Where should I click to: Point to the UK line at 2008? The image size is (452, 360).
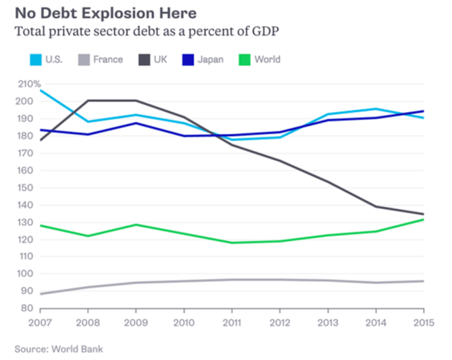[x=88, y=101]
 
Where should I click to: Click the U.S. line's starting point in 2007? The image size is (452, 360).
[x=41, y=90]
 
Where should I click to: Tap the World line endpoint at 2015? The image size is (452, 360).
[x=424, y=220]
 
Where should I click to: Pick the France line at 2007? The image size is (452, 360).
[x=41, y=293]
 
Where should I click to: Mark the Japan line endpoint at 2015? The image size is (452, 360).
[x=424, y=111]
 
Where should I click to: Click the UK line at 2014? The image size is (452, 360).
[x=376, y=207]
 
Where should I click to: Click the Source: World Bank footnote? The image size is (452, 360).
[x=59, y=349]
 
